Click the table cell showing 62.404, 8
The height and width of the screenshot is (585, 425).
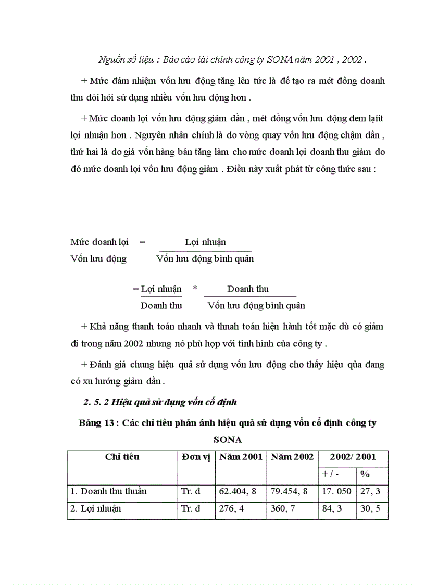(240, 491)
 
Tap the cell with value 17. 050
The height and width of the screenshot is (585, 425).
(336, 491)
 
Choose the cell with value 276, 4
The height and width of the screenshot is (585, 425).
(231, 508)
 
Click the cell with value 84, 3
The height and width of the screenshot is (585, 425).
(332, 508)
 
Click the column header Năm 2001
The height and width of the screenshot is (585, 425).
(241, 457)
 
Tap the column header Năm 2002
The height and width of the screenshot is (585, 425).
(292, 457)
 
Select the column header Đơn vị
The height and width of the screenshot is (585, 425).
(196, 457)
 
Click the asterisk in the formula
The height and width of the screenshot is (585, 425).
(195, 289)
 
